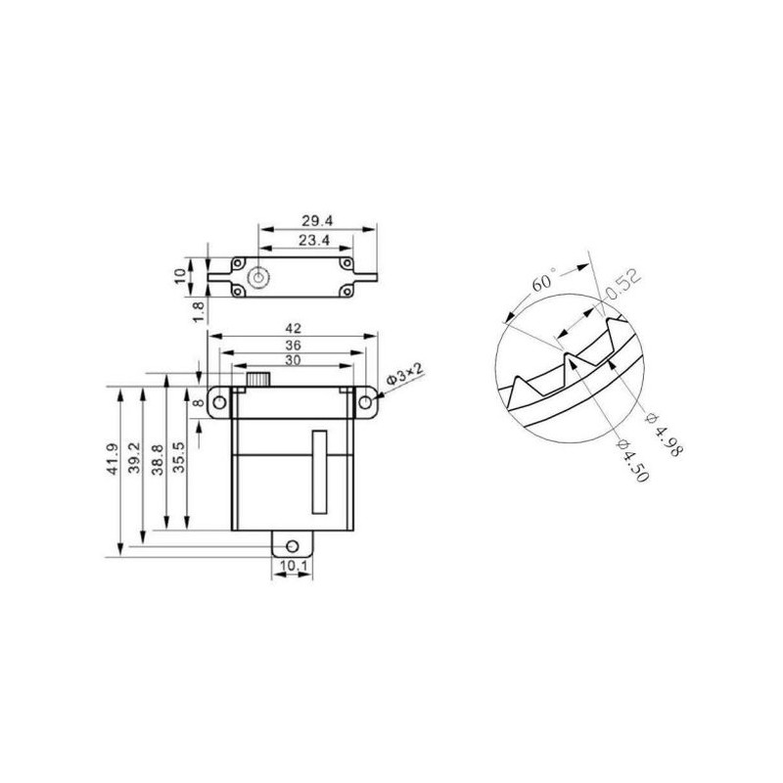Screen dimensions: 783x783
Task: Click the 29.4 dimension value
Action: [315, 221]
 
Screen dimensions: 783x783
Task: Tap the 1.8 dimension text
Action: [199, 311]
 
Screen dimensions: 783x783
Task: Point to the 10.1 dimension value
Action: [292, 566]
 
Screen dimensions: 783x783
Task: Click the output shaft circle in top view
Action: [258, 277]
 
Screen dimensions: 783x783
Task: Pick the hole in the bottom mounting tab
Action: [292, 544]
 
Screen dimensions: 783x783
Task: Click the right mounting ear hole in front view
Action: [366, 401]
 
